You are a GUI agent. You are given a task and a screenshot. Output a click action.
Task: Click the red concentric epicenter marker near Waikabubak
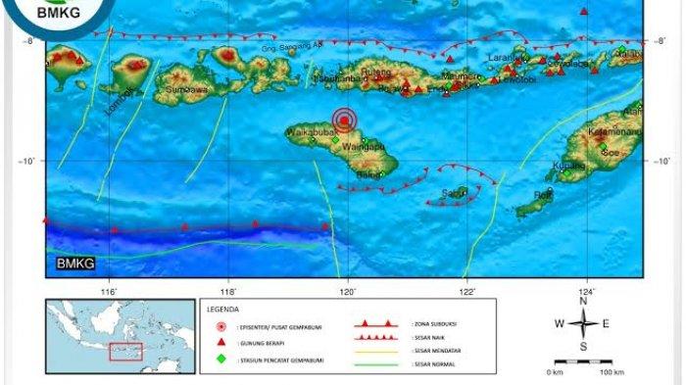pyautogui.click(x=344, y=120)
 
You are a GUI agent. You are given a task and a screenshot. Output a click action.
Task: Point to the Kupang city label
pyautogui.click(x=567, y=166)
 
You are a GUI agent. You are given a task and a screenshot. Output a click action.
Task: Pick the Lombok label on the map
pyautogui.click(x=119, y=98)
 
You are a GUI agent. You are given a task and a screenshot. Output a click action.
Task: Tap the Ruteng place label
pyautogui.click(x=379, y=72)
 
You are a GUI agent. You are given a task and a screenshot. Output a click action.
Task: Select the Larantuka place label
pyautogui.click(x=506, y=58)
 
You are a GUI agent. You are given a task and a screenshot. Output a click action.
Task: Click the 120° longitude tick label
pyautogui.click(x=348, y=291)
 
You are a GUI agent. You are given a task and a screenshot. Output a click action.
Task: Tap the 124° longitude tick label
pyautogui.click(x=587, y=291)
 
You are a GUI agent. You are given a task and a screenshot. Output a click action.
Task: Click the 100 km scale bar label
pyautogui.click(x=612, y=373)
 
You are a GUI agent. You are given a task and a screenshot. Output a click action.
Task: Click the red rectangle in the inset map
pyautogui.click(x=125, y=352)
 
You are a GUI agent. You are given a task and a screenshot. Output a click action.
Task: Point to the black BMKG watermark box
pyautogui.click(x=67, y=262)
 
